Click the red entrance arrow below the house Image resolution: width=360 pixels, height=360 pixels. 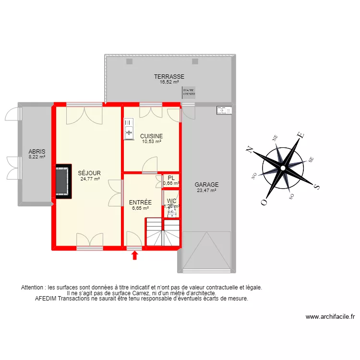135,255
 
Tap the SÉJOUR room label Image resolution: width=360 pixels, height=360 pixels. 90,173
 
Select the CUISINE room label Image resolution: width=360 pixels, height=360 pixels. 151,136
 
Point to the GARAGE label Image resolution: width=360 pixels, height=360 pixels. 207,184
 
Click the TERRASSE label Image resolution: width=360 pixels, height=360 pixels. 169,76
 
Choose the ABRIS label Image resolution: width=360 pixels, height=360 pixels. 36,151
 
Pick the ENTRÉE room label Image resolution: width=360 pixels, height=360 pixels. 140,203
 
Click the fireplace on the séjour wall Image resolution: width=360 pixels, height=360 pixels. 62,181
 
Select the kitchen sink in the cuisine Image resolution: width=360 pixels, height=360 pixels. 129,130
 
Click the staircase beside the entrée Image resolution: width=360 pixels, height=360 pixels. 163,232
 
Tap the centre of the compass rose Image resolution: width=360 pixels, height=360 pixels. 283,168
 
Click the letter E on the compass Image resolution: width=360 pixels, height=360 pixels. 301,135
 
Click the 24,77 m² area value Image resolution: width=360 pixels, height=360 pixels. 90,179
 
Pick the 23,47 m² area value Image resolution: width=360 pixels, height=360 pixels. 207,190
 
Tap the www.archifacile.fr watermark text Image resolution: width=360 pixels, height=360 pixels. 330,317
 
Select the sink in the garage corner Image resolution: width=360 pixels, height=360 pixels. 224,110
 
